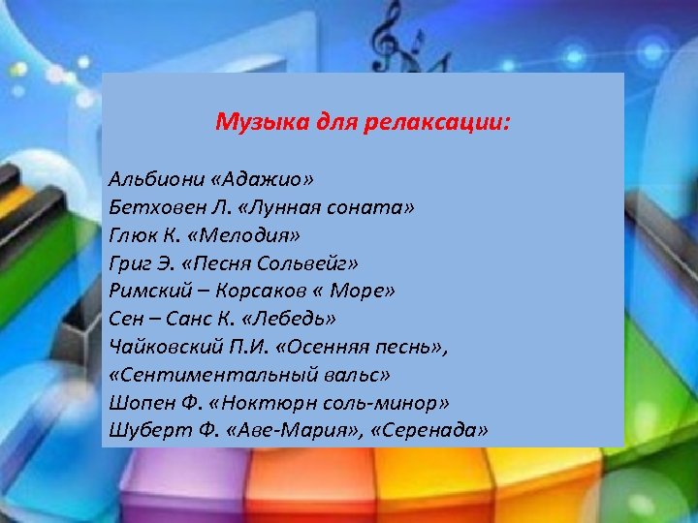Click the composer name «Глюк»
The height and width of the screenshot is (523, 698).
[130, 234]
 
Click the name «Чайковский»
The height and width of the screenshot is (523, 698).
[157, 346]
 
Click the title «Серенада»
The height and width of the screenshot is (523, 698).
[433, 429]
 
